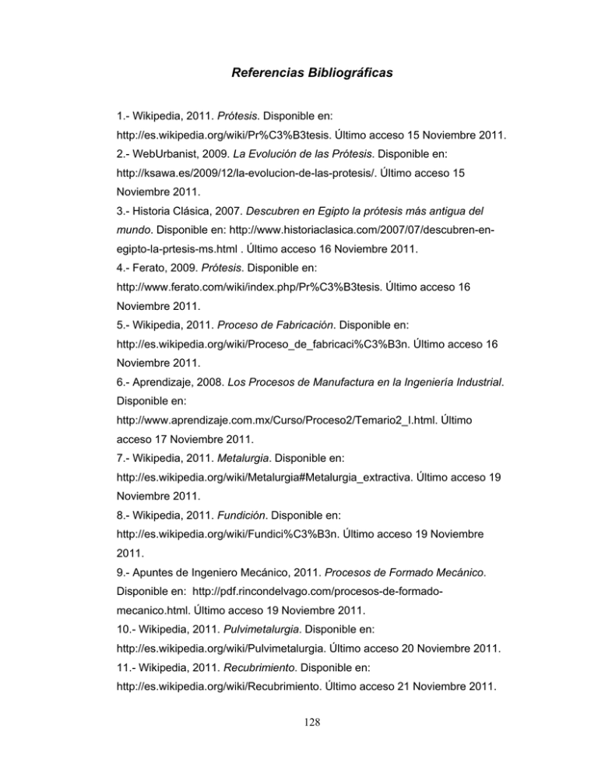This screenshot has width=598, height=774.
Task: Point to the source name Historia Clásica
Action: [x=166, y=231]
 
